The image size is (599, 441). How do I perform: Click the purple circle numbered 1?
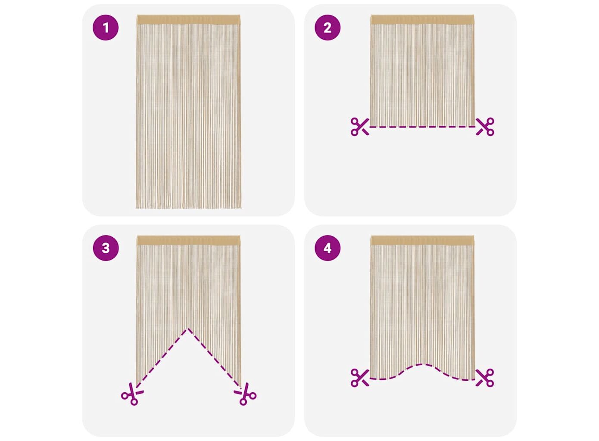point(106,28)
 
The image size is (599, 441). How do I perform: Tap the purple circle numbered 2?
point(328,28)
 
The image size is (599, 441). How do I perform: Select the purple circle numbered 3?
point(106,248)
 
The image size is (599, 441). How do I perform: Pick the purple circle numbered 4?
point(328,248)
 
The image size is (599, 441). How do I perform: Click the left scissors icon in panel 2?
point(360,127)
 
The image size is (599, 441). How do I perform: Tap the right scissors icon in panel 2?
point(485,127)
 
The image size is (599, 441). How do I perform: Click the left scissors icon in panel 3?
point(132,394)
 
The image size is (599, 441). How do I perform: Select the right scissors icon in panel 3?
point(245,394)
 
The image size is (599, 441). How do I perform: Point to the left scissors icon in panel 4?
point(360,378)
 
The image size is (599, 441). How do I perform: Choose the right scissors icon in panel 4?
point(485,378)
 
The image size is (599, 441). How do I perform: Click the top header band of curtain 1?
point(188,19)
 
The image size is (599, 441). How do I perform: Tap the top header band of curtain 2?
point(422,19)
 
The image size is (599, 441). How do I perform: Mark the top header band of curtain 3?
point(188,240)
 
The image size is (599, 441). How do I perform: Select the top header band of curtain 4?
point(422,240)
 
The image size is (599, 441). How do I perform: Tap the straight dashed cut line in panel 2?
point(422,127)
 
